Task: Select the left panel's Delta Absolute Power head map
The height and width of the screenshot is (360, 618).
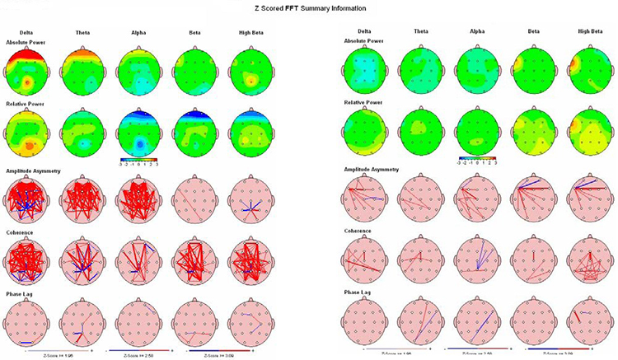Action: [27, 72]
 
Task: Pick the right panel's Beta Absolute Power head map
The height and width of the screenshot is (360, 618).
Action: [530, 69]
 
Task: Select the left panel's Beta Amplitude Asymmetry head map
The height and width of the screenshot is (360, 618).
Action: [194, 199]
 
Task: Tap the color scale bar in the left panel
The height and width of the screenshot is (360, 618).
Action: [138, 159]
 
